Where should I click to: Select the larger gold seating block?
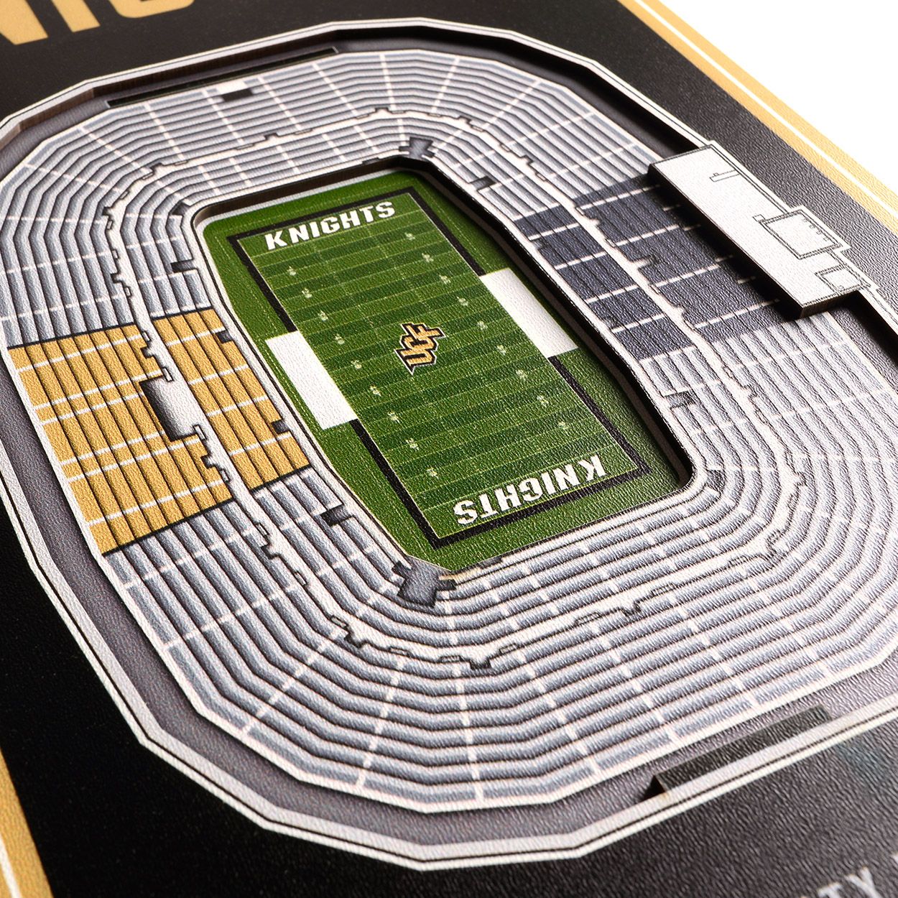click(x=86, y=431)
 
